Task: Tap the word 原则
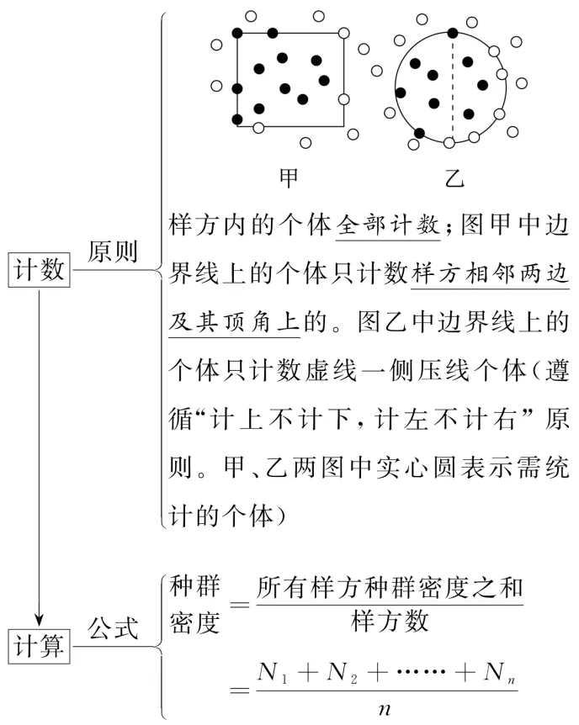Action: (113, 253)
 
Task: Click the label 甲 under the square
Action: (289, 178)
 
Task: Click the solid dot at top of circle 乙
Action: (453, 34)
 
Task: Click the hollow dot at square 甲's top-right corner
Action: (342, 34)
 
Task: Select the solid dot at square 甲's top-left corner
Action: (237, 34)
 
